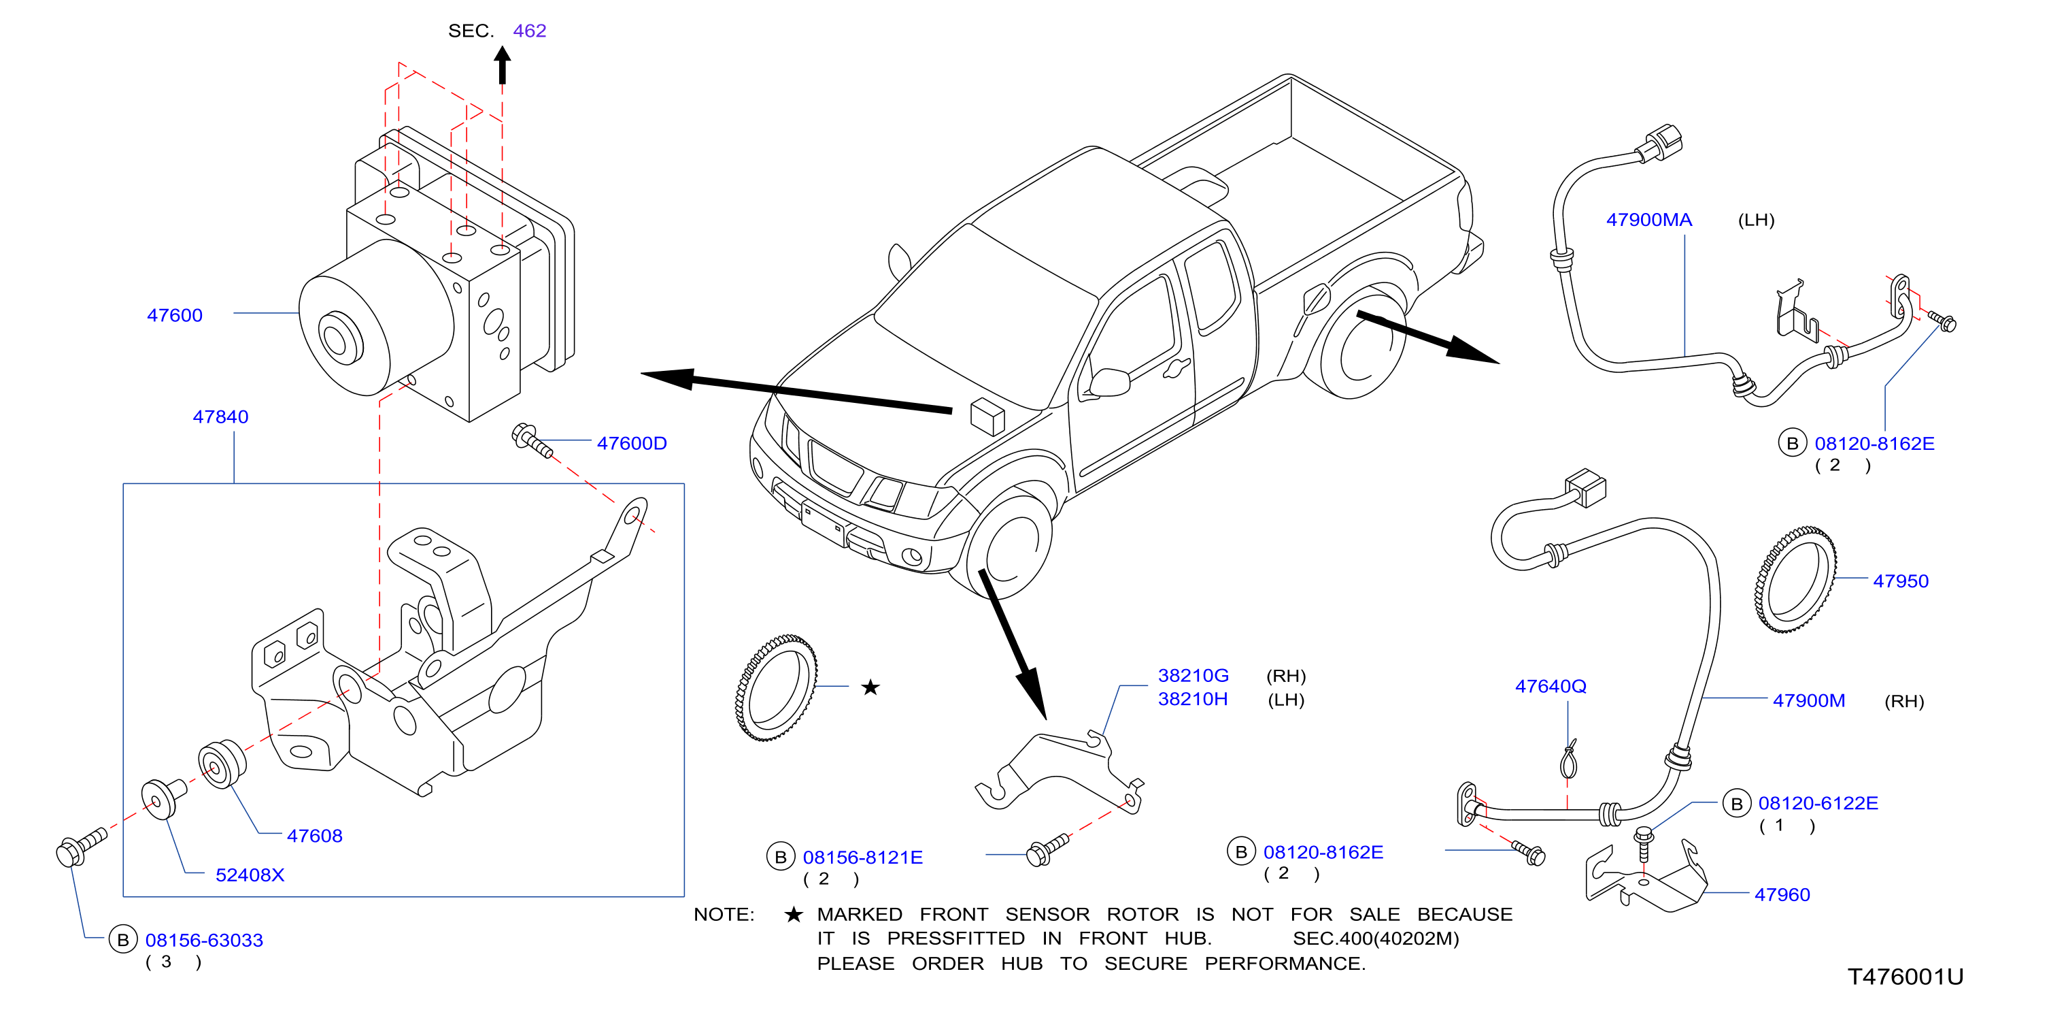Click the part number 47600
pos(174,315)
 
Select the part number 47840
pos(220,417)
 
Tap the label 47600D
pos(632,442)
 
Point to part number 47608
pos(314,836)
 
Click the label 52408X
pos(250,875)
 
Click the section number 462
pos(530,30)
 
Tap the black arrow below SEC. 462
pos(502,65)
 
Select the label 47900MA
pos(1649,220)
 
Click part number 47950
pos(1900,581)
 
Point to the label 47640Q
pos(1551,686)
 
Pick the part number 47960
pos(1782,894)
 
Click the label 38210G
pos(1193,676)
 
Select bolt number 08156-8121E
pos(862,857)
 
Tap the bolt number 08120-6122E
pos(1818,803)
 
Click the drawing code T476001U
pos(1905,977)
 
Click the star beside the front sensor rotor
pos(870,687)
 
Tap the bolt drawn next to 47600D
pos(532,441)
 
